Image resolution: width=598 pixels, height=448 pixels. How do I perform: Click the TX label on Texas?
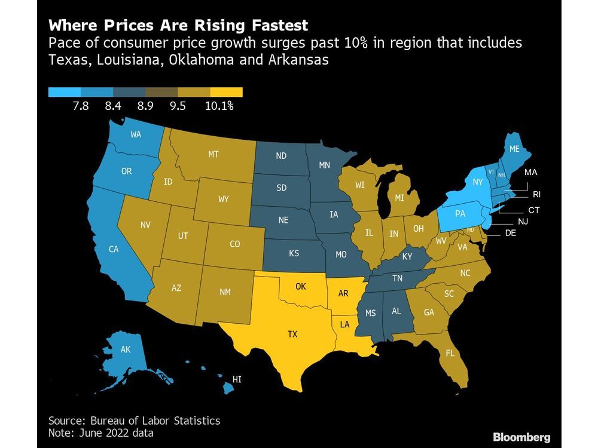point(292,335)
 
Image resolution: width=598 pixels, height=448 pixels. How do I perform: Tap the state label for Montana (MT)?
point(213,154)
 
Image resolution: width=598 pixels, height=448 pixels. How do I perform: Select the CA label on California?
point(114,250)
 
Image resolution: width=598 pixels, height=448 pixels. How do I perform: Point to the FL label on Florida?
point(450,353)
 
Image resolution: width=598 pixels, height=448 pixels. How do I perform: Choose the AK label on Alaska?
point(126,350)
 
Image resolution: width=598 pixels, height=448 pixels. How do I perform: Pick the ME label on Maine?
point(514,150)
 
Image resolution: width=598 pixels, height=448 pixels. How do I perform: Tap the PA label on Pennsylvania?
point(460,213)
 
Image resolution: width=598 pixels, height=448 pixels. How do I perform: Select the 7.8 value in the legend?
point(80,107)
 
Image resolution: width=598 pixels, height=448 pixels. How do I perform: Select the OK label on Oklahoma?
point(301,286)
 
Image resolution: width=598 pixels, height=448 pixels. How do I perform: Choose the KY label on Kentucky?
point(407,256)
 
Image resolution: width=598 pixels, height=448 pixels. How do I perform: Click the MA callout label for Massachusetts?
point(530,172)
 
